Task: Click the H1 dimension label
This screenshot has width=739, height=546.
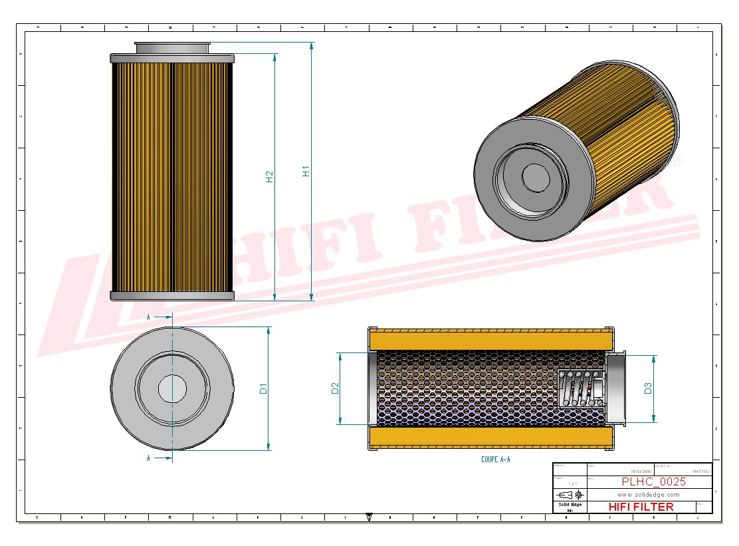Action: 306,171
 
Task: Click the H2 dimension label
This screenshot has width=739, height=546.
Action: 269,177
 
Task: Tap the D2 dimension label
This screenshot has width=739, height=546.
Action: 335,388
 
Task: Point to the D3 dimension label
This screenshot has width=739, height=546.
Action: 648,388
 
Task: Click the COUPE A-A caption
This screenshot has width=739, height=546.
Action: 495,460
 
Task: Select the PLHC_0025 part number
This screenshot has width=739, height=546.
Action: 653,482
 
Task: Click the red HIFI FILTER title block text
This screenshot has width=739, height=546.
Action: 641,507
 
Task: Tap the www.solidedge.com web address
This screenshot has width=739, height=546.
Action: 648,495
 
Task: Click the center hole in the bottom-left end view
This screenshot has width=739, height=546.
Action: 172,388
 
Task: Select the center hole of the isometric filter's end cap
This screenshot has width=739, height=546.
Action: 535,178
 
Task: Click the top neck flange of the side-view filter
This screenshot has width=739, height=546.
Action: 172,47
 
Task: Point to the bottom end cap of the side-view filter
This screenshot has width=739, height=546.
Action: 172,295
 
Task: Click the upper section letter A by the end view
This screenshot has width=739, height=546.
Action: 148,317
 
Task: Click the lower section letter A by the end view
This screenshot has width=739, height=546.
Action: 148,458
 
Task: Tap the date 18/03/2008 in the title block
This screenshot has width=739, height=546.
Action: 641,471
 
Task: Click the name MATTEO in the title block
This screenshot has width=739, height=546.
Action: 700,471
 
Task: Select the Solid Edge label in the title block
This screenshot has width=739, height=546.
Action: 570,505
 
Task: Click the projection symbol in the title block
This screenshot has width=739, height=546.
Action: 570,495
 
